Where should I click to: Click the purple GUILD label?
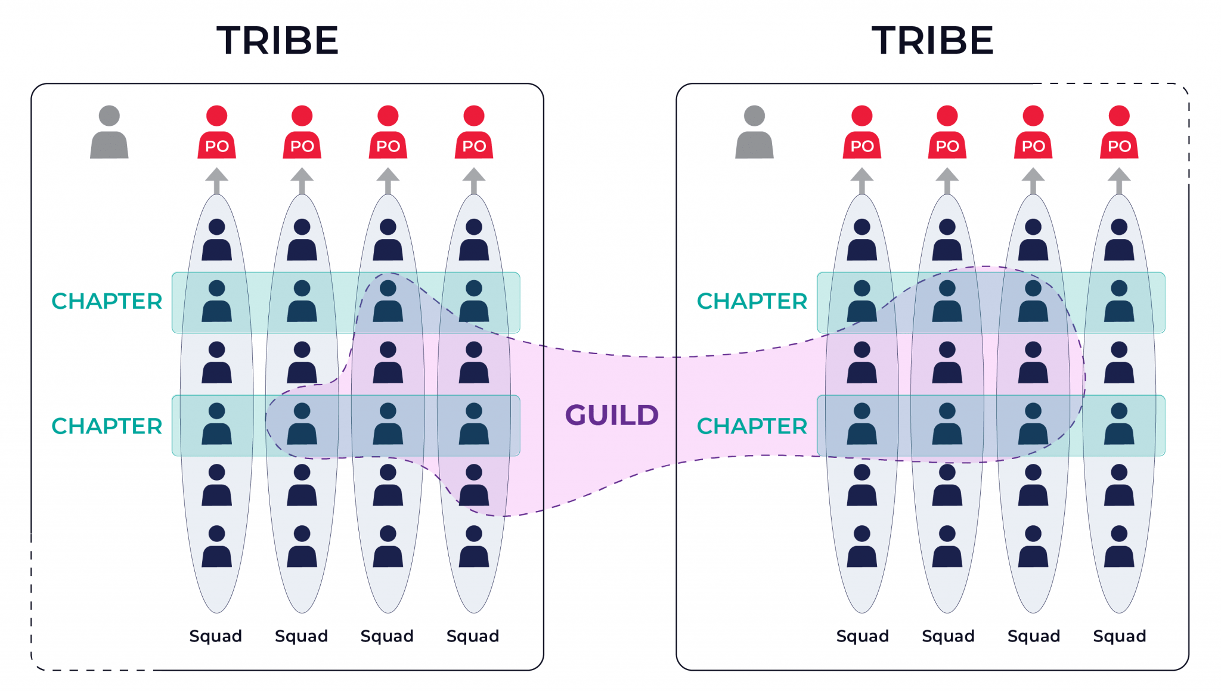[x=612, y=415]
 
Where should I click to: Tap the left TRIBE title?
[x=277, y=41]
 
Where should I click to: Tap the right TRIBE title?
[x=932, y=41]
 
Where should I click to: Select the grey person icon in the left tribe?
[x=109, y=132]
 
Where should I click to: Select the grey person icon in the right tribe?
[x=754, y=132]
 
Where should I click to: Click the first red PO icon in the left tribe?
[x=216, y=132]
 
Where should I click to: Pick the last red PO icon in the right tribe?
[x=1119, y=132]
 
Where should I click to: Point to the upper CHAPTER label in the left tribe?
[x=107, y=301]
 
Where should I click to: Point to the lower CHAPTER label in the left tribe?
[x=107, y=426]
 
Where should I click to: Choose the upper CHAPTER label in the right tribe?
[x=752, y=301]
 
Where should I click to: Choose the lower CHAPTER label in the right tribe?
[x=752, y=426]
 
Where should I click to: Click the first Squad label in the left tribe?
[x=215, y=636]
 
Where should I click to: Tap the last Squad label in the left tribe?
[x=473, y=636]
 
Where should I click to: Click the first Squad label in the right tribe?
[x=862, y=636]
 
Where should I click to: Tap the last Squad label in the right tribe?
[x=1119, y=636]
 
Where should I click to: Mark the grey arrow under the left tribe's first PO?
[x=216, y=181]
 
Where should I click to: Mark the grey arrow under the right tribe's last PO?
[x=1119, y=181]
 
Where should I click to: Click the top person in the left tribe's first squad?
[x=216, y=240]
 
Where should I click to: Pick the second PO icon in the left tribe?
[x=302, y=132]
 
